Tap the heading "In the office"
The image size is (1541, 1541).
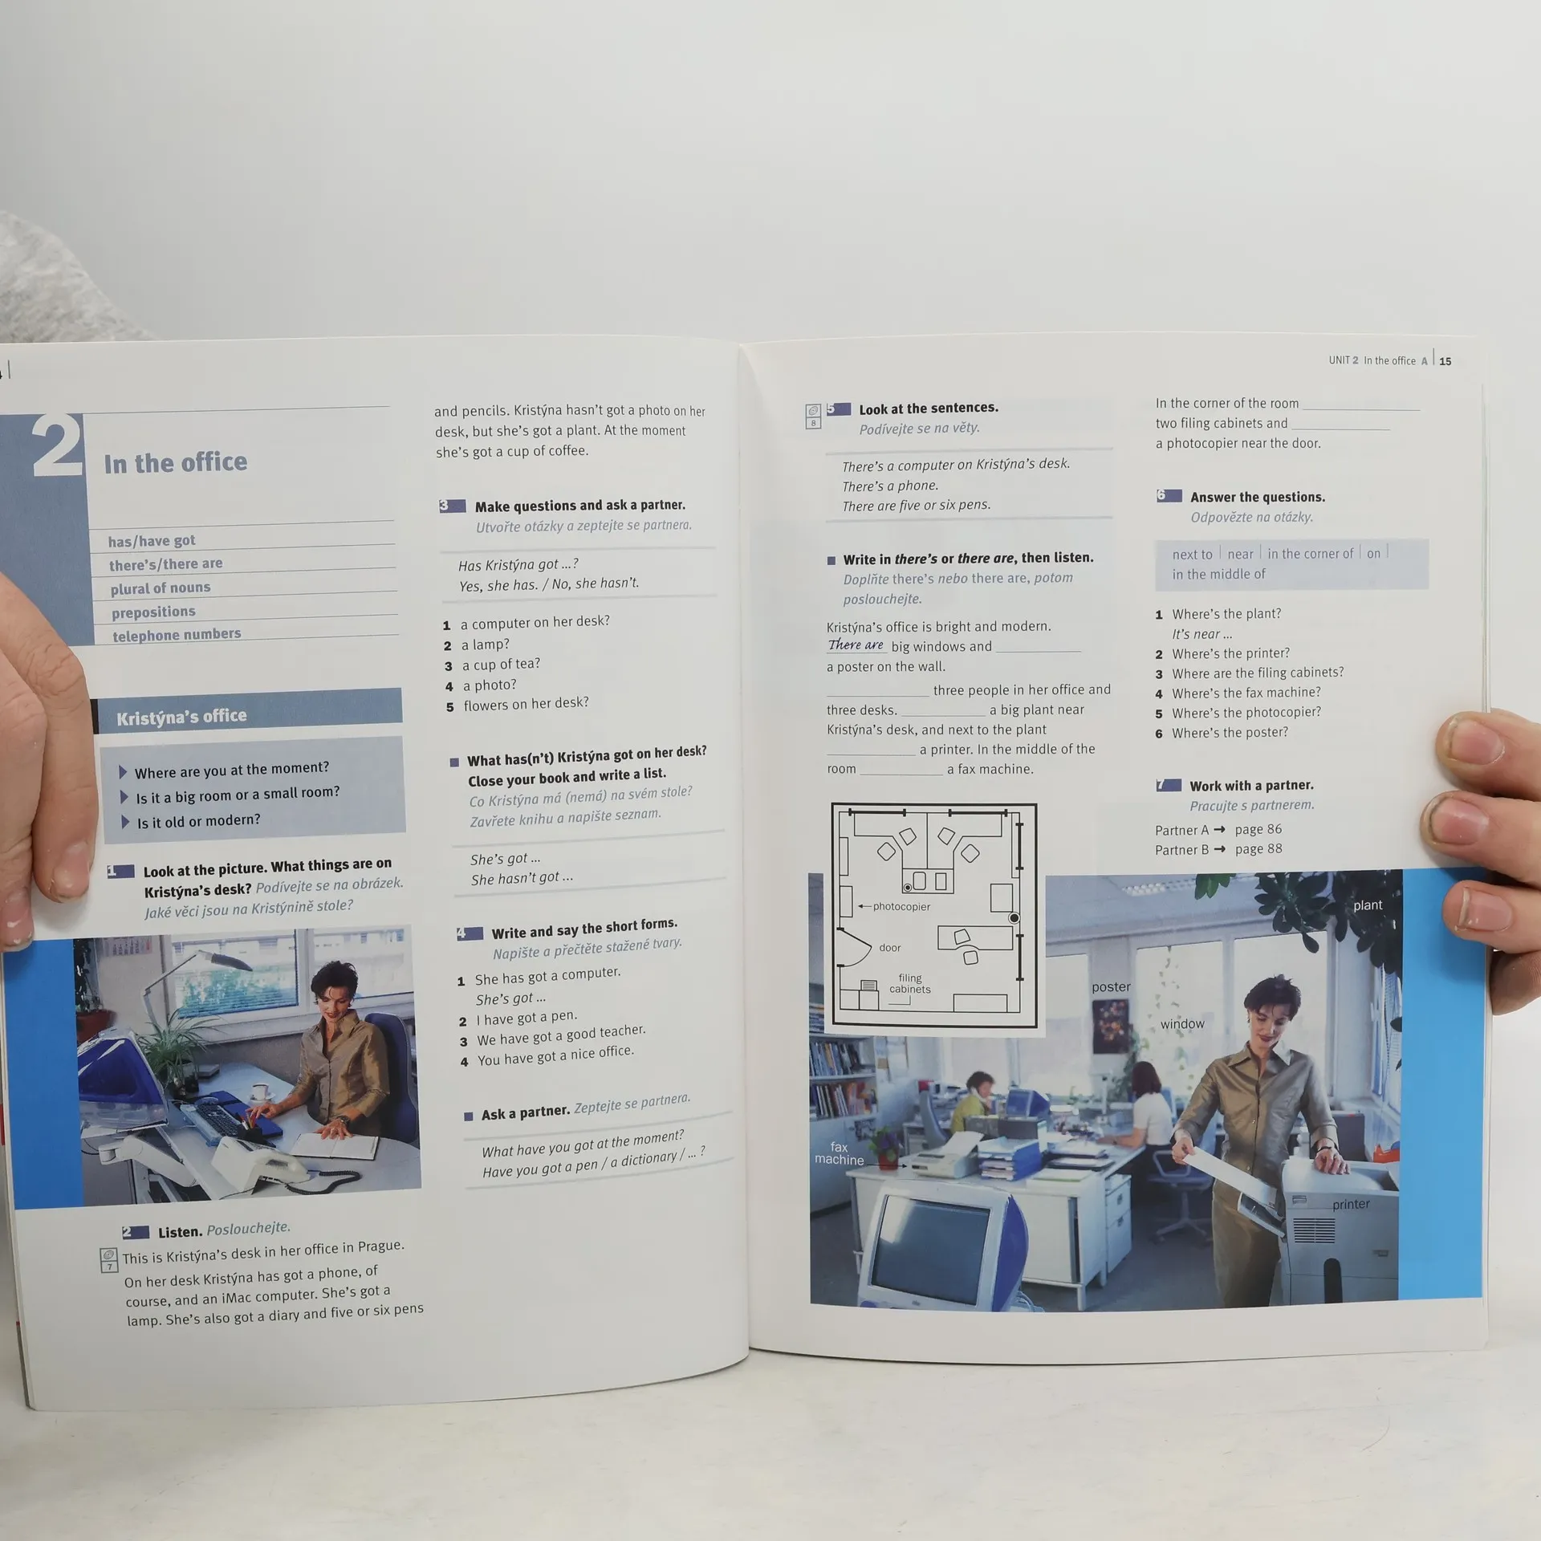(176, 463)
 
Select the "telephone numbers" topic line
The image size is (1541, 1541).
(177, 635)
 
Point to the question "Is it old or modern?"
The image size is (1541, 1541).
(198, 821)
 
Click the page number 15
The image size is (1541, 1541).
(1445, 361)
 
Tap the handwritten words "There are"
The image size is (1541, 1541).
(856, 644)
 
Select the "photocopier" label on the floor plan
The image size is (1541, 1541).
(901, 906)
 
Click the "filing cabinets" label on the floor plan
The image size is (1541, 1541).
(910, 983)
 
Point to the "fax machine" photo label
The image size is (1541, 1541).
(840, 1153)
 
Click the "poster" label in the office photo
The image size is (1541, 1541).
(1111, 987)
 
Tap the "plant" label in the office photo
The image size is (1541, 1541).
(1368, 905)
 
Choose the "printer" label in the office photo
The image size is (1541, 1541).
(1351, 1204)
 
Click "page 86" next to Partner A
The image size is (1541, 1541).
(1258, 829)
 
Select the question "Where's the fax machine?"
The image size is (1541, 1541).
(1246, 693)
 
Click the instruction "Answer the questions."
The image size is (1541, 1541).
(1258, 497)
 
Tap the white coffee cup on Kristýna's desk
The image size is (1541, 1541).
(260, 1092)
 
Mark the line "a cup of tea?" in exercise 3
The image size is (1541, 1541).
(501, 665)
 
